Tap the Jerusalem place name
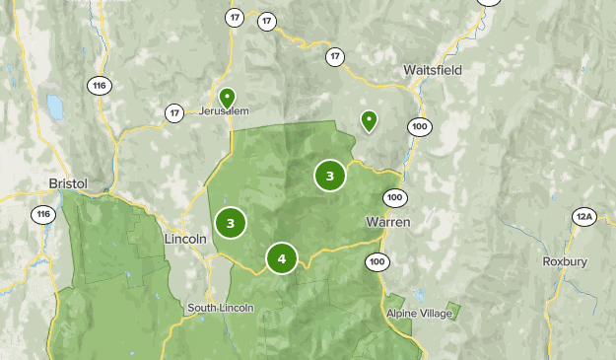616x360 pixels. (x=225, y=111)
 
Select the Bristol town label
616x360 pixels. (x=68, y=183)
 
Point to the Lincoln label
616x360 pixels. (x=185, y=239)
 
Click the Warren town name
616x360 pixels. (x=387, y=222)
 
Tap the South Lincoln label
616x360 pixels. (x=221, y=308)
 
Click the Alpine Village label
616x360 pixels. (x=420, y=314)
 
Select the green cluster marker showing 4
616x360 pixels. (x=282, y=258)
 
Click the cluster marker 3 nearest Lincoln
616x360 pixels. (x=230, y=223)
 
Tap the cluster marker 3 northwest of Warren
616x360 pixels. (x=330, y=176)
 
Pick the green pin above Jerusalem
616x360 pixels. (x=227, y=98)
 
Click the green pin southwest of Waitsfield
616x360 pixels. (x=369, y=120)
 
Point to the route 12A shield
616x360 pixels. (x=585, y=216)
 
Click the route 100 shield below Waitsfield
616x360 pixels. (x=421, y=126)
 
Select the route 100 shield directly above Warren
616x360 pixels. (x=394, y=196)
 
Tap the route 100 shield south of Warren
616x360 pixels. (x=376, y=261)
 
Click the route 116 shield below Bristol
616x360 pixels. (x=43, y=214)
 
